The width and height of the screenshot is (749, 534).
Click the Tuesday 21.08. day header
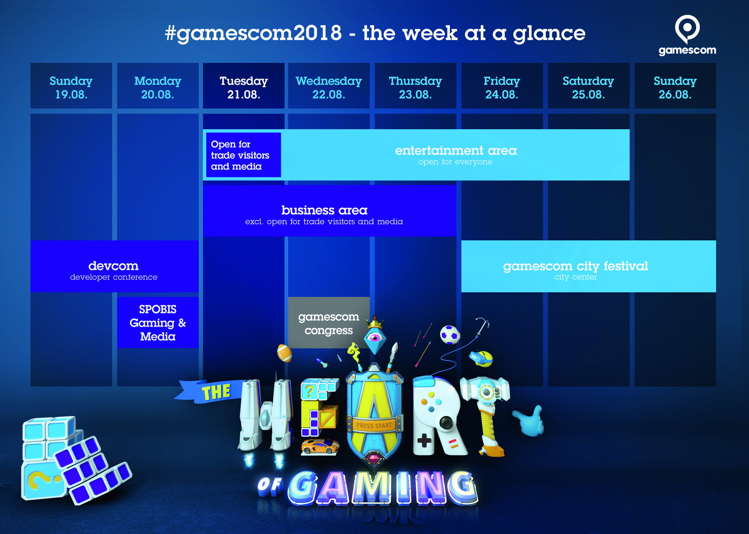click(244, 85)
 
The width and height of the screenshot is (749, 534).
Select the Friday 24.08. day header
click(501, 85)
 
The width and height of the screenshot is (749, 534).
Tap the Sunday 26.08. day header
click(675, 85)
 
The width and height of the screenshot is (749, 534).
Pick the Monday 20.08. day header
click(157, 85)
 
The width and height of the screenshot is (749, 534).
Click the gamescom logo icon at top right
click(687, 29)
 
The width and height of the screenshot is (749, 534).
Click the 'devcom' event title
click(113, 266)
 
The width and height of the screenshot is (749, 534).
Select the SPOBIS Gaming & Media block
click(158, 322)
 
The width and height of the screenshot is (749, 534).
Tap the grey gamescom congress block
click(329, 323)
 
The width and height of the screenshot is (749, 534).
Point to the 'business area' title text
click(325, 210)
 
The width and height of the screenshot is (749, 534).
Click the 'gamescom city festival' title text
click(575, 266)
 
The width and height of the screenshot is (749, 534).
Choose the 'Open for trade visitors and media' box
click(244, 155)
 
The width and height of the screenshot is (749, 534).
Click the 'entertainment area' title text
click(456, 150)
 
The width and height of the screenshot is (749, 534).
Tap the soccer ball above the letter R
click(450, 335)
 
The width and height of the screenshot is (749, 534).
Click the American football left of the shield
click(285, 353)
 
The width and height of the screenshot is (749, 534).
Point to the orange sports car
click(321, 447)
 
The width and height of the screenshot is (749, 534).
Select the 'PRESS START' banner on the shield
click(374, 426)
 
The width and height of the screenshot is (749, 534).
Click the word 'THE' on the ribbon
click(216, 392)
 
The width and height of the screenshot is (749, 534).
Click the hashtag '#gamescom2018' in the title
click(253, 33)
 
